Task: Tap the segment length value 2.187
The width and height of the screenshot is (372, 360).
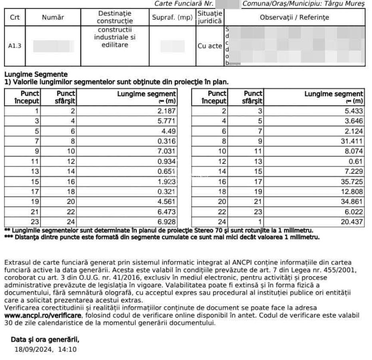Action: (x=167, y=111)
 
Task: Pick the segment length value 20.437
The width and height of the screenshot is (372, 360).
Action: (x=354, y=222)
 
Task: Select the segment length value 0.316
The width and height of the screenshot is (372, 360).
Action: (x=167, y=141)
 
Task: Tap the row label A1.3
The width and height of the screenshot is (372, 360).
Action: (x=15, y=46)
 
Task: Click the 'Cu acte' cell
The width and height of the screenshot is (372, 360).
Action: (x=210, y=46)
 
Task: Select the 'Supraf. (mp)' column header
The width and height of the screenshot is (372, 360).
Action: (x=172, y=18)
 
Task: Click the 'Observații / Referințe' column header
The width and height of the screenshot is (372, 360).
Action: (x=294, y=18)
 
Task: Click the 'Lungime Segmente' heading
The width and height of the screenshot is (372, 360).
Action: (x=36, y=74)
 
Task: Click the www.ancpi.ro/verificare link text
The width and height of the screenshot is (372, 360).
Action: (x=43, y=315)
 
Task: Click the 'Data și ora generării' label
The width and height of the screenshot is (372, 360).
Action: (x=45, y=340)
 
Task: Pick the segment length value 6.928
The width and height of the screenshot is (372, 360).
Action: (x=167, y=222)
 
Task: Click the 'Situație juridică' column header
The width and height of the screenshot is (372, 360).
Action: (x=210, y=18)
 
